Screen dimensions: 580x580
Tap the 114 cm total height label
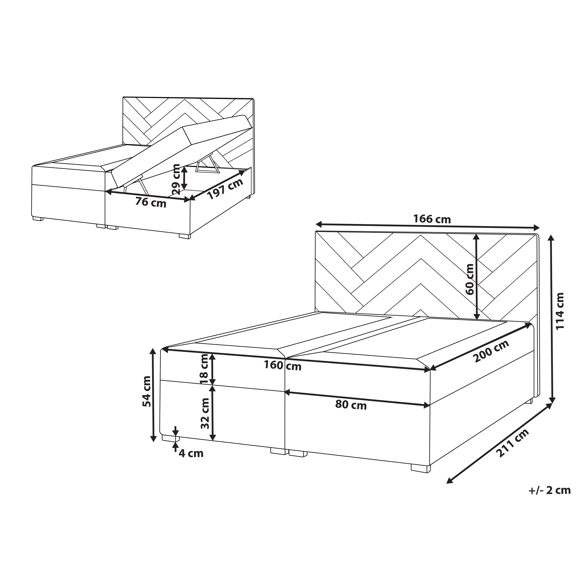point(560,311)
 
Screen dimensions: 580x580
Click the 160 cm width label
point(283,366)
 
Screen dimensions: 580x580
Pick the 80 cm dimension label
point(351,406)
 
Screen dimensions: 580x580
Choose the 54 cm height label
point(147,392)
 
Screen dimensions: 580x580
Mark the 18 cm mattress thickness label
point(204,370)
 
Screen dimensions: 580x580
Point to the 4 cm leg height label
point(191,453)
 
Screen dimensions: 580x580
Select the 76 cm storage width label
point(151,202)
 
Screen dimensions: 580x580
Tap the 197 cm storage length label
point(225,189)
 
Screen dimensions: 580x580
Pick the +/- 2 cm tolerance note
point(549,490)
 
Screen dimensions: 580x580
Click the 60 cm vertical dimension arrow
point(476,277)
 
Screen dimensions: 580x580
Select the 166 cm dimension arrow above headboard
point(428,225)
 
